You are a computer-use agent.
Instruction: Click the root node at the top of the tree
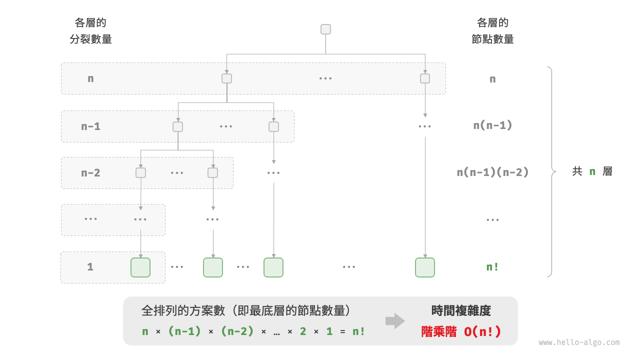tap(325, 29)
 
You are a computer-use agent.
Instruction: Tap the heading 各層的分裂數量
tap(90, 31)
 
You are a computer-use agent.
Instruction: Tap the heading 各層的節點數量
tap(492, 31)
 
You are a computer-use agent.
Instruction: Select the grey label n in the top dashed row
tap(90, 78)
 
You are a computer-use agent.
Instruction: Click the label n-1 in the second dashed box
tap(90, 126)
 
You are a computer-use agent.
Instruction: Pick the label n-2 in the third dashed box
tap(90, 173)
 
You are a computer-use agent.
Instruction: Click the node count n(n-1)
tap(492, 125)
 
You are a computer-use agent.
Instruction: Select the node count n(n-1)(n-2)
tap(492, 172)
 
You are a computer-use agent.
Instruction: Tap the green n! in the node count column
tap(492, 267)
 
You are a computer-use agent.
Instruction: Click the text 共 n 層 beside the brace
tap(592, 171)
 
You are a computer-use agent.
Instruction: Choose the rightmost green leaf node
tap(424, 267)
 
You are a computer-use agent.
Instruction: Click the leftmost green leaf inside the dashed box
tap(140, 267)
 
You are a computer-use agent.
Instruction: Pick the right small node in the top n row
tap(425, 78)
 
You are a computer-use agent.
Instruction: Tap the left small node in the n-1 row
tap(177, 126)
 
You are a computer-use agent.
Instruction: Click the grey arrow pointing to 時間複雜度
tap(395, 321)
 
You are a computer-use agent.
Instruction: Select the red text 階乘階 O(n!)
tap(461, 331)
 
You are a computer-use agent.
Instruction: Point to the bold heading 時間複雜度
tap(461, 311)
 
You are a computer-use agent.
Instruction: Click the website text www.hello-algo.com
tap(579, 342)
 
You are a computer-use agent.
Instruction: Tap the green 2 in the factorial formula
tap(303, 331)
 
